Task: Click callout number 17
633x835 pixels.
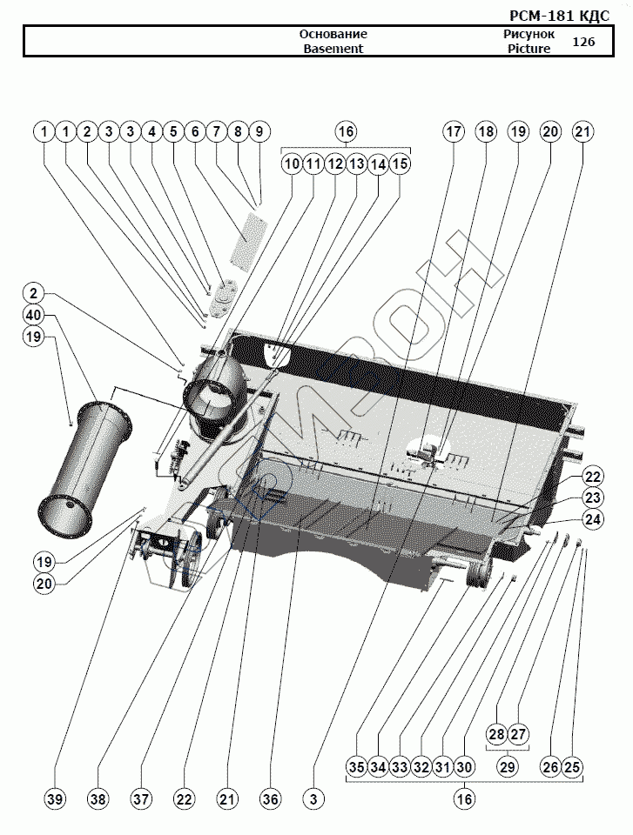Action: click(454, 132)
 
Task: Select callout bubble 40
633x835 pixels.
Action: click(33, 314)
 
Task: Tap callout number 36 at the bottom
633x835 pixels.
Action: click(271, 798)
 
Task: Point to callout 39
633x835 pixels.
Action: click(55, 798)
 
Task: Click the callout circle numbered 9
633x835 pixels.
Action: click(259, 132)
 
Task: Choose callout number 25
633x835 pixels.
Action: click(572, 767)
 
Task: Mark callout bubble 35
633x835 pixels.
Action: click(356, 767)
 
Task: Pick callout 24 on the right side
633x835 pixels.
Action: click(593, 519)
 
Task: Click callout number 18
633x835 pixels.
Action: click(486, 132)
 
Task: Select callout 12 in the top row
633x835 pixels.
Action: click(334, 164)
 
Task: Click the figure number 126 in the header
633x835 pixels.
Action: click(583, 41)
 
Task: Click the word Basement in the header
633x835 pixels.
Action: click(333, 49)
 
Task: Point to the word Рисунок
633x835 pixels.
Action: click(529, 34)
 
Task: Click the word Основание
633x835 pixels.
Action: click(333, 34)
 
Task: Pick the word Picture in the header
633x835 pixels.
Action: click(529, 49)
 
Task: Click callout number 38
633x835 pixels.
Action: click(98, 798)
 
